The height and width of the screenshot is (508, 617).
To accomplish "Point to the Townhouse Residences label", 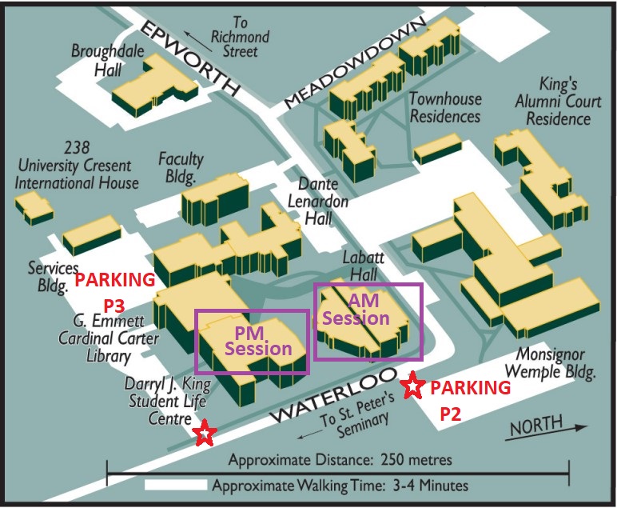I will (445, 106).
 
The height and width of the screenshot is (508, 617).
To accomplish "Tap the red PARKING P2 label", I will (470, 399).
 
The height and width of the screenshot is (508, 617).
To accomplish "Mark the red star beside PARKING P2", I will (412, 386).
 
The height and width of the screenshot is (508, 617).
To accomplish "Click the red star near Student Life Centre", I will (205, 434).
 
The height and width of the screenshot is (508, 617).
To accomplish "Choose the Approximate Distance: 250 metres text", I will (340, 460).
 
